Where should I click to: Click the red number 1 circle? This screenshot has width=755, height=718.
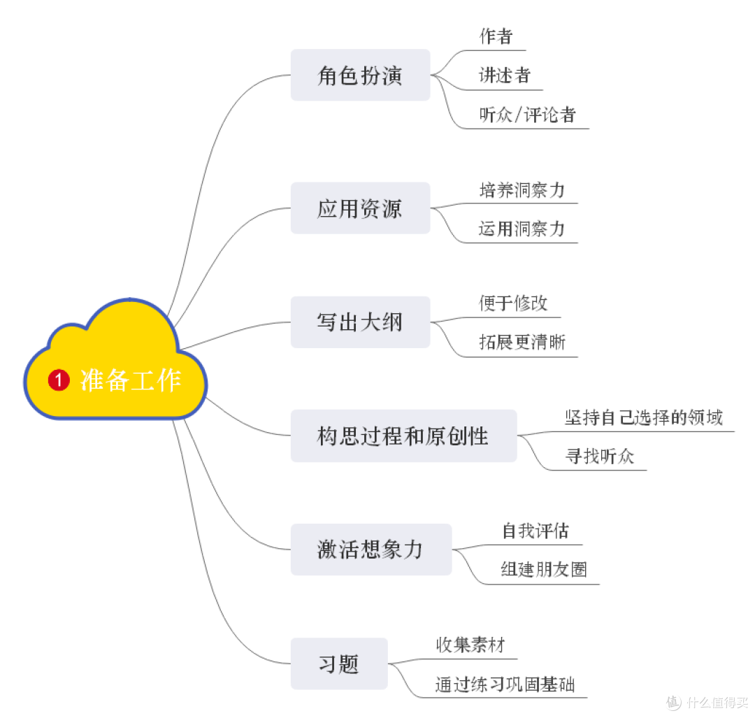click(x=59, y=380)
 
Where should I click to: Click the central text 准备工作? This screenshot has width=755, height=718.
click(x=131, y=380)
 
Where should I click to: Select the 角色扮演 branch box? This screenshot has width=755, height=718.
click(x=360, y=75)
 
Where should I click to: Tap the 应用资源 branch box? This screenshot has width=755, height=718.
click(x=360, y=208)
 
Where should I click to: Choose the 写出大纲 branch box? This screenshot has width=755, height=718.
click(x=360, y=322)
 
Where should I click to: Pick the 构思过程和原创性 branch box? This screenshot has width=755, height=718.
click(x=403, y=436)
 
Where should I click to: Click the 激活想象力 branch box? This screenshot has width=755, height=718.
click(x=371, y=550)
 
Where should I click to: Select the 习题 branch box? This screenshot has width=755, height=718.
click(x=339, y=663)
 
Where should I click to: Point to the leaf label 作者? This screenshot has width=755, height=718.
click(x=496, y=36)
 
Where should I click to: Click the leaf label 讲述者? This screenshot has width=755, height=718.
click(x=505, y=76)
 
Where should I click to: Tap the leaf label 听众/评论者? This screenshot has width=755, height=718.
click(x=528, y=115)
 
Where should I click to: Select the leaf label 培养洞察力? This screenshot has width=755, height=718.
click(x=522, y=189)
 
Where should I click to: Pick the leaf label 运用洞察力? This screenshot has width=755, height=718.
click(x=522, y=229)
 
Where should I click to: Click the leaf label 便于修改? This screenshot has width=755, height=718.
click(x=513, y=303)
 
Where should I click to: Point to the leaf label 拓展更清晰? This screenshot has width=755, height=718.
click(x=522, y=342)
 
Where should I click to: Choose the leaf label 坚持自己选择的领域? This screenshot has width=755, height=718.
click(x=644, y=417)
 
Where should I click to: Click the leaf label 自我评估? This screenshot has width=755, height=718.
click(x=535, y=531)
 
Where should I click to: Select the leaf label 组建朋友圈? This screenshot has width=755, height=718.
click(x=544, y=570)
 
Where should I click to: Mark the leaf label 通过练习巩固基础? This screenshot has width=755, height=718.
click(x=505, y=684)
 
